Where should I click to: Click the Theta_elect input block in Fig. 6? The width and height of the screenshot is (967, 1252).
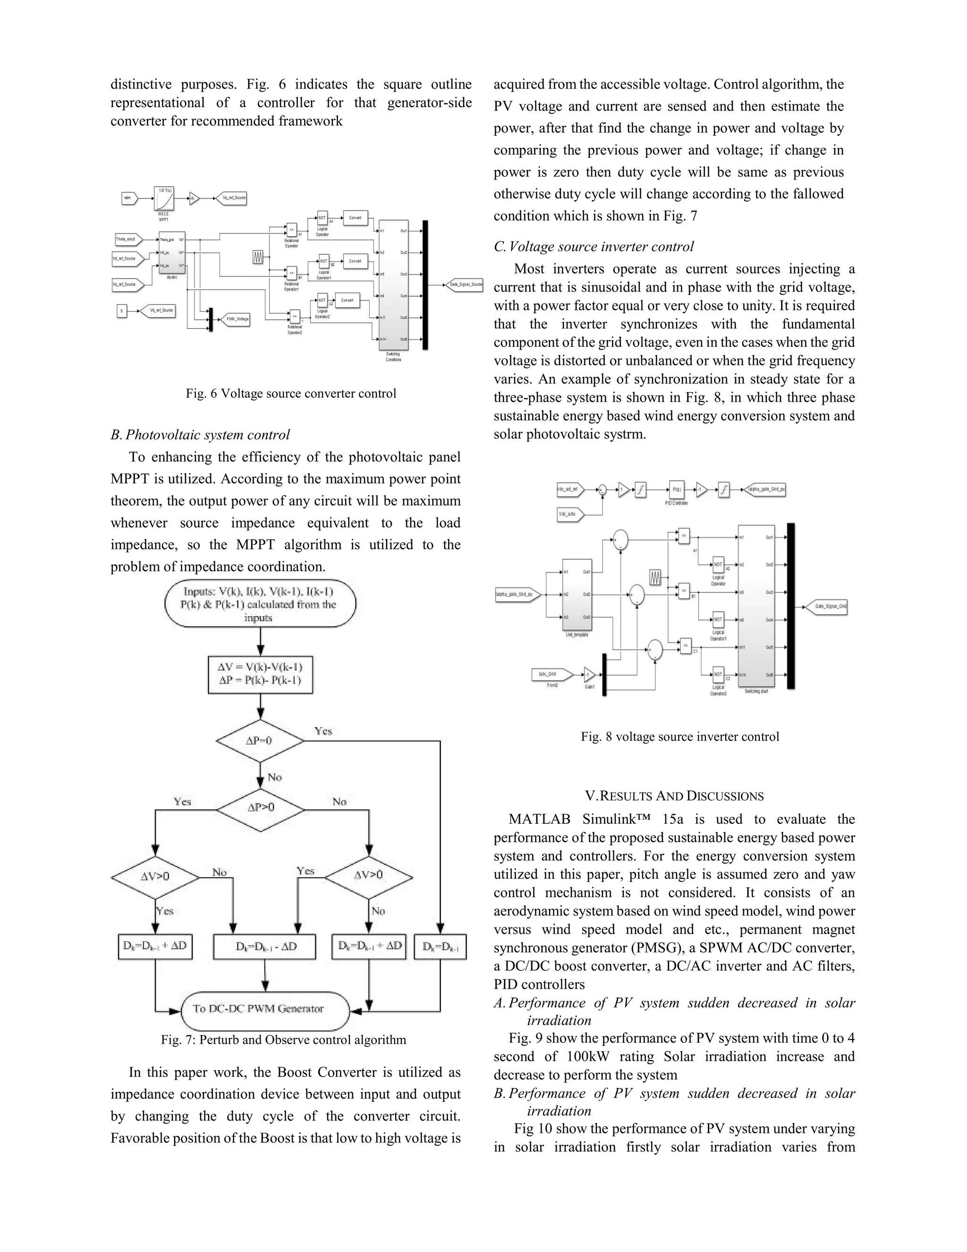[127, 239]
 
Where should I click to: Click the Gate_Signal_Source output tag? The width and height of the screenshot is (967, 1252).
[465, 284]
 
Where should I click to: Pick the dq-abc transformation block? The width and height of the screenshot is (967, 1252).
[172, 252]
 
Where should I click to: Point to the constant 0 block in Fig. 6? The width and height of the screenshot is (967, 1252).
[121, 311]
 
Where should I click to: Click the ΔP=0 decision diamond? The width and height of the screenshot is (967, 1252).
[260, 741]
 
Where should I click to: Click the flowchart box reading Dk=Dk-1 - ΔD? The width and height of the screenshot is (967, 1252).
[265, 946]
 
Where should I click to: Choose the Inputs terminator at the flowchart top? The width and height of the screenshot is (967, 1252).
[260, 604]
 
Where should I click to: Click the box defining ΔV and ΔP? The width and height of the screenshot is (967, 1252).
[260, 674]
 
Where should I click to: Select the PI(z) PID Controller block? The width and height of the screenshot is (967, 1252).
[677, 489]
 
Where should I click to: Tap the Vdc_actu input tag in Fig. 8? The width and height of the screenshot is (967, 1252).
[569, 514]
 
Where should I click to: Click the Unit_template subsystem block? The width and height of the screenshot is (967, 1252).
[577, 594]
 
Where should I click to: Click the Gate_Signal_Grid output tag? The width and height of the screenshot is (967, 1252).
[827, 606]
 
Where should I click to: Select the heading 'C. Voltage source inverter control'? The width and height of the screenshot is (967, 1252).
[594, 247]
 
